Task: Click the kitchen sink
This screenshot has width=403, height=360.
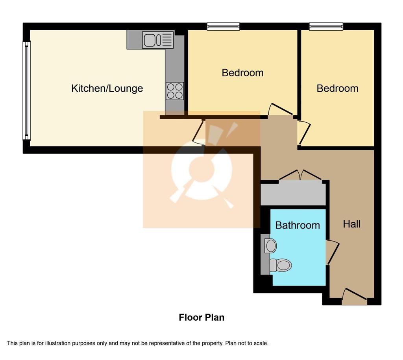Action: pos(158,40)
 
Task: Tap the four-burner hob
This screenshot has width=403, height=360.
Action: pos(175,91)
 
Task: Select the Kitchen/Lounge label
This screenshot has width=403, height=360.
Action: pos(107,89)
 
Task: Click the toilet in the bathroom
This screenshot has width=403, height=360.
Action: pos(281,265)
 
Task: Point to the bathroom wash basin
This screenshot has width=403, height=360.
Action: pos(270,246)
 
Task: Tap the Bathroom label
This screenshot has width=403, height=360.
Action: pos(298,225)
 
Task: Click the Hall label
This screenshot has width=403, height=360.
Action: pos(351,224)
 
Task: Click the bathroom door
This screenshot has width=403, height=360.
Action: pos(333,252)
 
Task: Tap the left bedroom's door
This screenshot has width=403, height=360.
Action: pos(280,109)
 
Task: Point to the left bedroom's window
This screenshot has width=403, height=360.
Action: pos(224,26)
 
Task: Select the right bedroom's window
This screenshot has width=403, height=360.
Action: pos(326,26)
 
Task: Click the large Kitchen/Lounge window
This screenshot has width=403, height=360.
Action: pos(26,90)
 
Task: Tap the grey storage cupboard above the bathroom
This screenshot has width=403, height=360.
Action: pos(293,193)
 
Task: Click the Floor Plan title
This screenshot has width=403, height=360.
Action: pos(201,318)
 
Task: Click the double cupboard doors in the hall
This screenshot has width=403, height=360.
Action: pos(300,174)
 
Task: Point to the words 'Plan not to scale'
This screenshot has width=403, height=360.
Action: pos(247,343)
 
